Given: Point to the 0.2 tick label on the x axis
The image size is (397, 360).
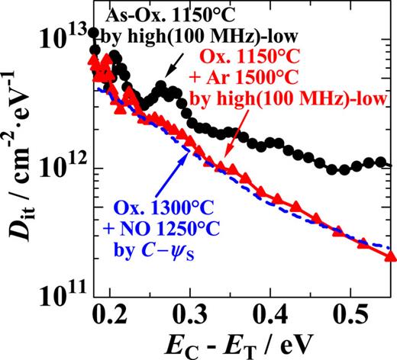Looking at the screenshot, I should tap(111, 313).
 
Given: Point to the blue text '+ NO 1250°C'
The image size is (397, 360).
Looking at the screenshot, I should tap(177, 230).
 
